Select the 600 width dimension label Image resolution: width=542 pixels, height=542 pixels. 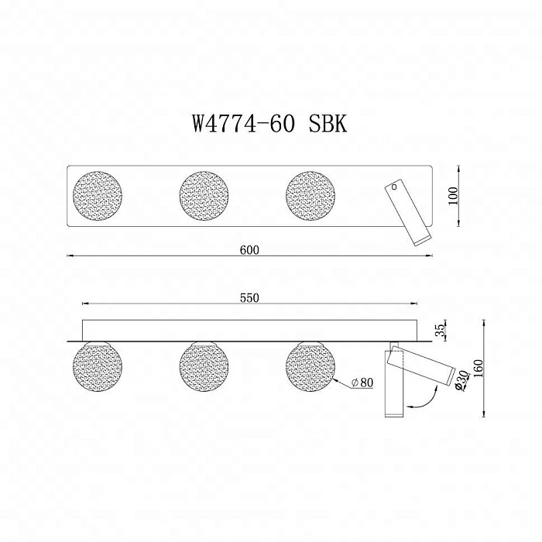click(x=249, y=249)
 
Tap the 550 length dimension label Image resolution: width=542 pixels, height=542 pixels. click(x=249, y=297)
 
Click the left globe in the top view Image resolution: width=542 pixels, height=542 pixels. click(x=97, y=195)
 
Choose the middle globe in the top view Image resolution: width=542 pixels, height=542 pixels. click(x=204, y=195)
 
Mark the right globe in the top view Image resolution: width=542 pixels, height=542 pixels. click(x=310, y=195)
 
